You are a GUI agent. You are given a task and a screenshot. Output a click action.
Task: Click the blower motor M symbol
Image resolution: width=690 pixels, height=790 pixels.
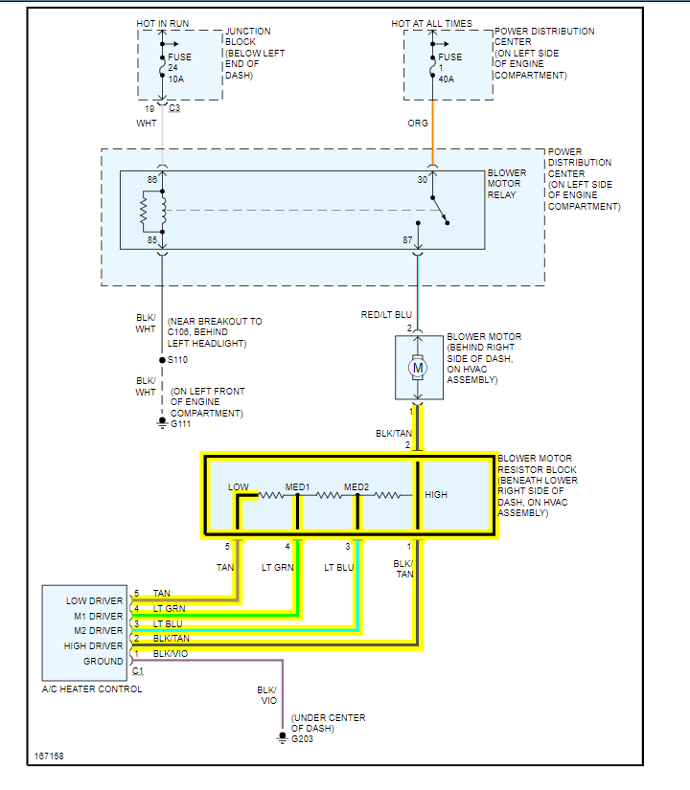[418, 366]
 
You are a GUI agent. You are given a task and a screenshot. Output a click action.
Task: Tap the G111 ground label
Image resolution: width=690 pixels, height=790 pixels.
[182, 423]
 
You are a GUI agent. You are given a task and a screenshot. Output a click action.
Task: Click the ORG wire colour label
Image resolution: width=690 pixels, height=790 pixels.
[418, 124]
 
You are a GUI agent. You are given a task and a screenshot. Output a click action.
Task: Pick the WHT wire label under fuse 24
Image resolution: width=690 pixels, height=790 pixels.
[147, 124]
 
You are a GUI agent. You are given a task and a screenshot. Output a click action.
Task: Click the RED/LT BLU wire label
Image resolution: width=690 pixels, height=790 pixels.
[384, 314]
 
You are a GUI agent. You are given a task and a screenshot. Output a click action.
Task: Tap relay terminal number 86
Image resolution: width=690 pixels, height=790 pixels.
[151, 180]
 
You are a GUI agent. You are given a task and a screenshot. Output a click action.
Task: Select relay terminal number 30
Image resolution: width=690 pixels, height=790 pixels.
[422, 180]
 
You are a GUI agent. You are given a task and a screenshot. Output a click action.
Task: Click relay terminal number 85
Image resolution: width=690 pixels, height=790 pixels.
[151, 239]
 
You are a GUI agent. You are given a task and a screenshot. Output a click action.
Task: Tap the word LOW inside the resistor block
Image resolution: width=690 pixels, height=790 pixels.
[239, 487]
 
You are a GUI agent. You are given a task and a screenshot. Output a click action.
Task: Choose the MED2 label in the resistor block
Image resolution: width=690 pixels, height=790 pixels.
[356, 487]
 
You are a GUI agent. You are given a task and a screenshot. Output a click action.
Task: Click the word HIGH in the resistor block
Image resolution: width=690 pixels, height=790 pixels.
[436, 495]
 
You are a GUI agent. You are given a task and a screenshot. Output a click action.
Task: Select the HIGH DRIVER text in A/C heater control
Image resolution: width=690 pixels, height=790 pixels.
[94, 646]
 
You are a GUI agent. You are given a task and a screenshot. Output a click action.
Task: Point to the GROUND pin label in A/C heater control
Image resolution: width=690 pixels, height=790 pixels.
[103, 661]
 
